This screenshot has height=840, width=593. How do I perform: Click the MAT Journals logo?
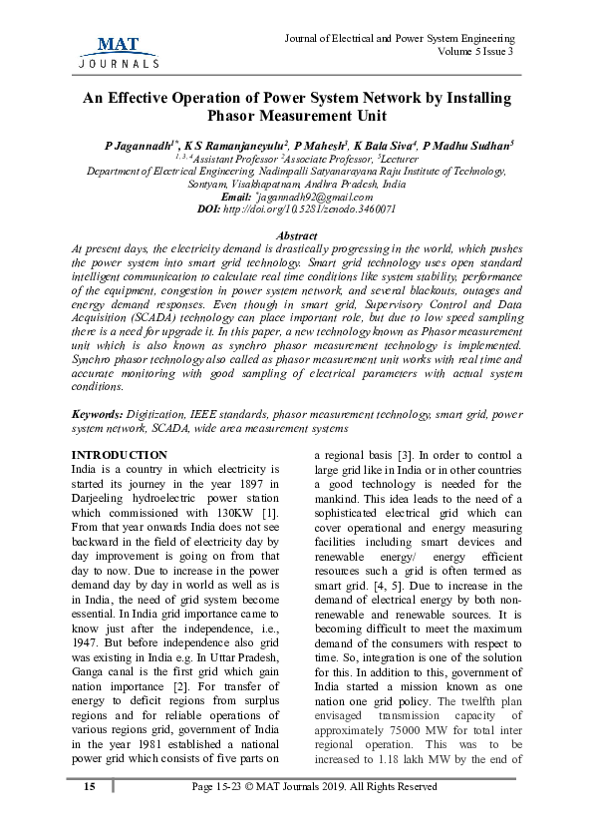(118, 50)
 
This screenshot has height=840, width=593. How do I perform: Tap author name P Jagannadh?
(140, 146)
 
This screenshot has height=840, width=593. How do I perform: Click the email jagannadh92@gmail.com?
(314, 197)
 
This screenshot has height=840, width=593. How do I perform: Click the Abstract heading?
(296, 235)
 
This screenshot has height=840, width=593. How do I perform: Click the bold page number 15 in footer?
(90, 786)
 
